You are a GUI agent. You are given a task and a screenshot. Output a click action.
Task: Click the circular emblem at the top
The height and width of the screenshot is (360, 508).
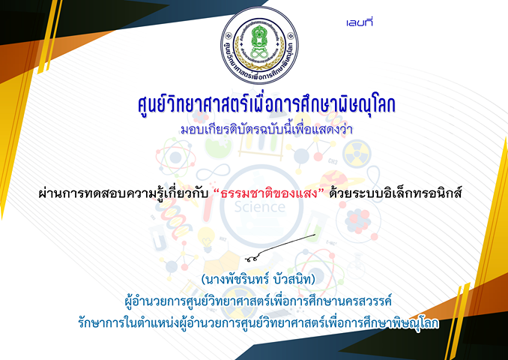[259, 45]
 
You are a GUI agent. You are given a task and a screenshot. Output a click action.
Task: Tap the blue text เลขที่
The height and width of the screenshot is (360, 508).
[360, 22]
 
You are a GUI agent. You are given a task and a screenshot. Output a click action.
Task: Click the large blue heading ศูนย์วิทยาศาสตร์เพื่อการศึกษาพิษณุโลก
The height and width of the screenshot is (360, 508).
[266, 104]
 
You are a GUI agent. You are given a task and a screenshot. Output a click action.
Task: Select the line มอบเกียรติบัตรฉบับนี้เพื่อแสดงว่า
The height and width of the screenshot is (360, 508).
[266, 129]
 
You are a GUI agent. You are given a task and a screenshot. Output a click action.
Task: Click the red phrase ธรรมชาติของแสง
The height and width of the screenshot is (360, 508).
[272, 193]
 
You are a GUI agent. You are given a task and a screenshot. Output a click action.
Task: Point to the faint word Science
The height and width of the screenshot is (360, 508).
[259, 206]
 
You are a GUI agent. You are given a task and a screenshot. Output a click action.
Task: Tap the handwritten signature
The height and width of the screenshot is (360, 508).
[280, 248]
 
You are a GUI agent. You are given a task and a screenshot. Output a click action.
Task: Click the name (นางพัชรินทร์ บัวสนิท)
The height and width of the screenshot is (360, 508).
[258, 279]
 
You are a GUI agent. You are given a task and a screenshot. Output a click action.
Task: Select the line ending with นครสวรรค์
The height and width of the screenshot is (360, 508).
[258, 301]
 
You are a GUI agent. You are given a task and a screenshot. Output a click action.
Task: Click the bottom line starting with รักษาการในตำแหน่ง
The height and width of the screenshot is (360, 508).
[258, 322]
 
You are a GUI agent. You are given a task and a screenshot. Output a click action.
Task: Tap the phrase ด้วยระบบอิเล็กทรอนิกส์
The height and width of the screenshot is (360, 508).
[395, 193]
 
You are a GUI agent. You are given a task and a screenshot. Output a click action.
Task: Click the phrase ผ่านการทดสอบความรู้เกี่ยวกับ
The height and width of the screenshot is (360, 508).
[123, 193]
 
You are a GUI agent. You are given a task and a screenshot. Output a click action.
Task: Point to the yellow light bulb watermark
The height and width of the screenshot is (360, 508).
[206, 238]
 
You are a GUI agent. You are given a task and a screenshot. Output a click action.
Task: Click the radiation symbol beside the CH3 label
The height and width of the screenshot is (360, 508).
[357, 154]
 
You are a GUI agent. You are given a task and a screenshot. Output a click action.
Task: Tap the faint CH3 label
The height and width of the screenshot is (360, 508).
[333, 160]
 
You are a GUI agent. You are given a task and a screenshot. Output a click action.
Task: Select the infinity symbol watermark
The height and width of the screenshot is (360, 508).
[214, 172]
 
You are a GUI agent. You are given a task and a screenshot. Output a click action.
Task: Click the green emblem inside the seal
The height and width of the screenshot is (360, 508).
[258, 42]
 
